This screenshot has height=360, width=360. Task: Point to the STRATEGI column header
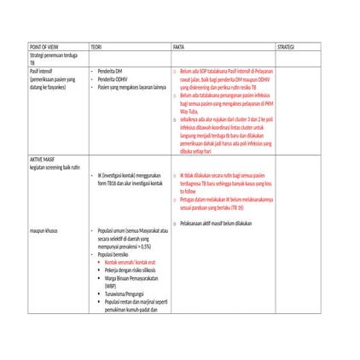[287, 47]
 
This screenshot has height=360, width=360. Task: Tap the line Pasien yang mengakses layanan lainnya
[131, 87]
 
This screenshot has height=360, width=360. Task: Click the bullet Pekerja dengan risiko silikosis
[132, 269]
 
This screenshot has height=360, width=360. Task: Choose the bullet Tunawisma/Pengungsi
[125, 293]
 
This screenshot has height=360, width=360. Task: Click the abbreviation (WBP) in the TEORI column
[110, 285]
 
